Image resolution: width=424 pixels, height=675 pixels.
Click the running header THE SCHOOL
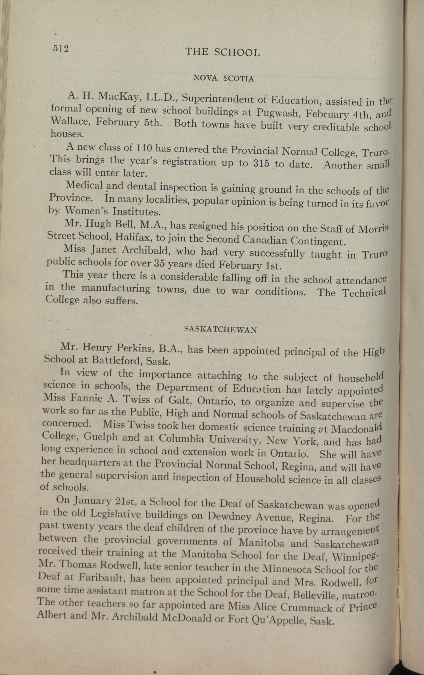point(223,52)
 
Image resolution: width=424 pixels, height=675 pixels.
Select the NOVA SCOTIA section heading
point(223,79)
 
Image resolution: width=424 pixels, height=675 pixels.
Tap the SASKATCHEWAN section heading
point(220,330)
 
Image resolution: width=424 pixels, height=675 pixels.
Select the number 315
point(262,163)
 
